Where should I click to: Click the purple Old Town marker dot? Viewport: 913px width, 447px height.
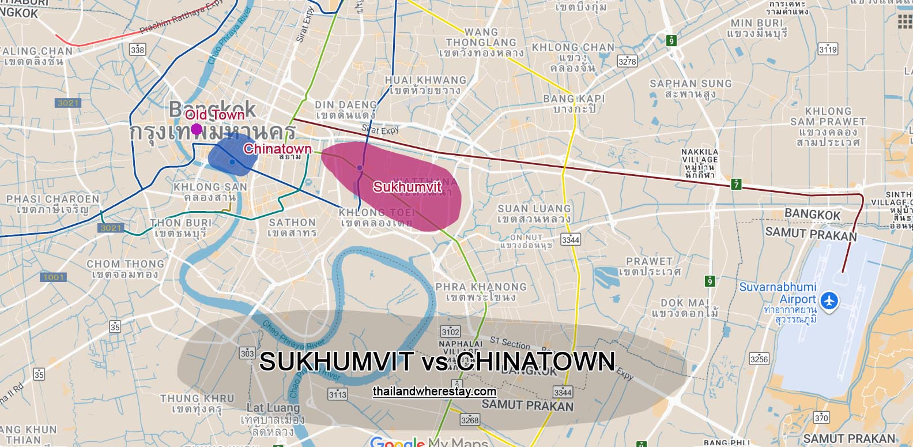click(x=197, y=129)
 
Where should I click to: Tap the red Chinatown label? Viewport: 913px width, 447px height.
click(x=277, y=149)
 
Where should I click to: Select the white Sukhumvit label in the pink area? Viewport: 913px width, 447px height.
click(x=407, y=187)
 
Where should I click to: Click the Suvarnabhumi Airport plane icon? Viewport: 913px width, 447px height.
click(x=829, y=300)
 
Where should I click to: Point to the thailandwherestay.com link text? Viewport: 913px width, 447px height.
click(x=434, y=391)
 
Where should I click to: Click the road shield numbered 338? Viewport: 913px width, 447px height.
click(x=137, y=50)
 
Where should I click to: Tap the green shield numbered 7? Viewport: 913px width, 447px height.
click(x=736, y=185)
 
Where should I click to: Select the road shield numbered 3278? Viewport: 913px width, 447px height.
click(x=627, y=61)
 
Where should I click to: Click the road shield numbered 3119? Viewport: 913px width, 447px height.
click(x=828, y=49)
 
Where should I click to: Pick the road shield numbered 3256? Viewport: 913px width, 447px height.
click(x=759, y=359)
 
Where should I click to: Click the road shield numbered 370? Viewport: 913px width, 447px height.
click(x=821, y=418)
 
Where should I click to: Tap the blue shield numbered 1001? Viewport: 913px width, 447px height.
click(x=54, y=277)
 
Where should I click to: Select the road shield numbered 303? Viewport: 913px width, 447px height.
click(x=247, y=353)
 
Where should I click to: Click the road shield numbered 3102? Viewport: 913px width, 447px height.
click(x=450, y=332)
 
